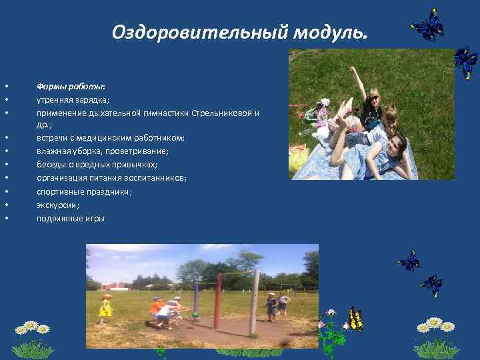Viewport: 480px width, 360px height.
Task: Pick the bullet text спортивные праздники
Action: (84, 191)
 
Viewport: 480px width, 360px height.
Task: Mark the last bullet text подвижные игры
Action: (71, 218)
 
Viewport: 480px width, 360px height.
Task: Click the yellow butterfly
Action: (355, 319)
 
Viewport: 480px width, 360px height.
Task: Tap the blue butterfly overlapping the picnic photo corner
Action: (465, 63)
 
